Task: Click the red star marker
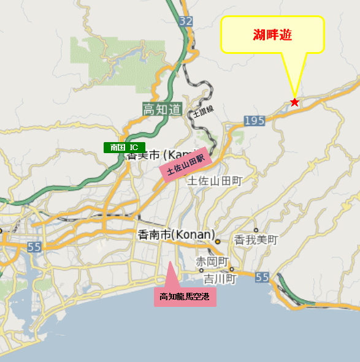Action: (295, 102)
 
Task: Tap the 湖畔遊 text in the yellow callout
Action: (272, 35)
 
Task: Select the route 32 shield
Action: (186, 21)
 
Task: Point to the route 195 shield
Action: (254, 121)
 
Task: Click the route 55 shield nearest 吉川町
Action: (262, 277)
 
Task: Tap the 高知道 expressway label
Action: (162, 110)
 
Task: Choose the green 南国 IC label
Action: (124, 148)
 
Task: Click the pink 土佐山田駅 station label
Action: (185, 164)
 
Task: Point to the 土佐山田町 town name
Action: (215, 181)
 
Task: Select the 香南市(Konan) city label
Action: (177, 235)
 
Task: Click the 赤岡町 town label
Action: (211, 262)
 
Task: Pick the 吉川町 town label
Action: (220, 279)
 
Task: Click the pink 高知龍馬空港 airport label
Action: (185, 297)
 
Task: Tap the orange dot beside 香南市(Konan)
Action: (217, 242)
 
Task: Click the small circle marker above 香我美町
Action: (256, 230)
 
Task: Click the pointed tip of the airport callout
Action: (170, 262)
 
